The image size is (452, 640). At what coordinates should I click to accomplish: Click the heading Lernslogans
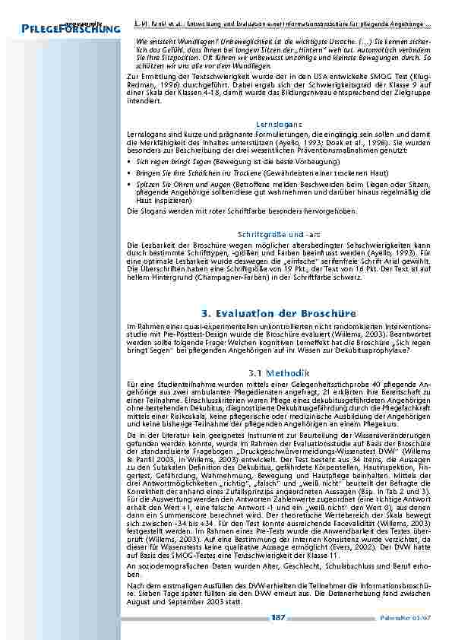click(x=281, y=123)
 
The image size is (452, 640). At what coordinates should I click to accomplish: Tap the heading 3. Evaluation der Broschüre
click(x=280, y=312)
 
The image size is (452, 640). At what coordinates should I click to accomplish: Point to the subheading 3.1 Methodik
click(x=280, y=372)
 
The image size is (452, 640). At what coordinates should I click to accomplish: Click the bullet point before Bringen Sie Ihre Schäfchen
click(x=130, y=173)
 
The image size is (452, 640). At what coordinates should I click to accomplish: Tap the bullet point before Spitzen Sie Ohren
click(x=130, y=185)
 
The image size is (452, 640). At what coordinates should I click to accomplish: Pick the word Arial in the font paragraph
click(x=397, y=259)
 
